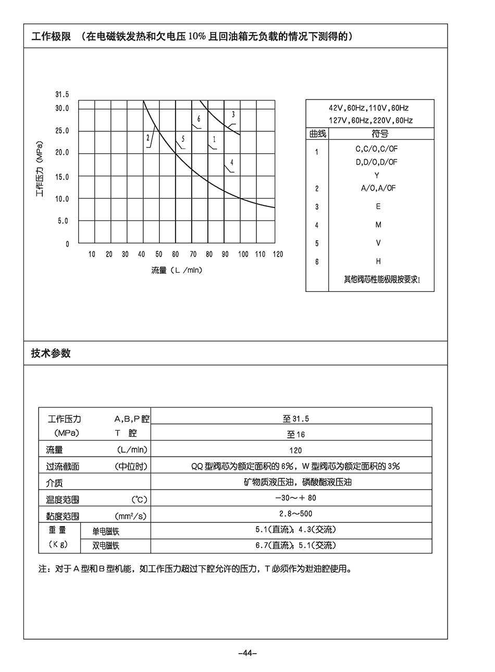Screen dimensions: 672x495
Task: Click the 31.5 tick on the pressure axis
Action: tap(62, 95)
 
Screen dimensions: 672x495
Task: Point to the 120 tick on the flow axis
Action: tap(278, 254)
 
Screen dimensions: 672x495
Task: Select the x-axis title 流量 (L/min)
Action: tap(177, 270)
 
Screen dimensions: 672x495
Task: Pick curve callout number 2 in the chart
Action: tap(148, 138)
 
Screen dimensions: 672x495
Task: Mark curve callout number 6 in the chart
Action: tap(199, 119)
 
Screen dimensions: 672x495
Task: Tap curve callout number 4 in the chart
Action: tap(232, 163)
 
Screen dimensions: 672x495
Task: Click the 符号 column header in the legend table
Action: tap(380, 134)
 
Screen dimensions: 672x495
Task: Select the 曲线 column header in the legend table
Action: tap(317, 134)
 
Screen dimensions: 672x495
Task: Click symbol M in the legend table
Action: tap(378, 225)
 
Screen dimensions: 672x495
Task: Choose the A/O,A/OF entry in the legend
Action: tap(378, 188)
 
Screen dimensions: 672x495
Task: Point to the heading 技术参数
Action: tap(51, 353)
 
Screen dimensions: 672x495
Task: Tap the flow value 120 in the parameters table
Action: tap(295, 450)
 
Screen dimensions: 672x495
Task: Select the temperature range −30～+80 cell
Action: tap(295, 498)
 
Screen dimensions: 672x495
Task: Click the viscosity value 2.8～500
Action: tap(295, 514)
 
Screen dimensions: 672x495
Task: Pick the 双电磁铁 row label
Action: tap(106, 546)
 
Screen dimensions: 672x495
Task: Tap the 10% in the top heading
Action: tap(198, 36)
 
